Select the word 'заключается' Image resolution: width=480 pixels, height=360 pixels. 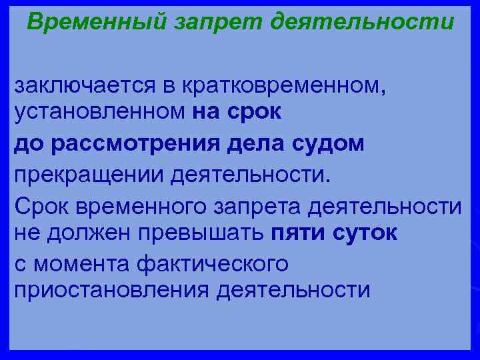click(80, 86)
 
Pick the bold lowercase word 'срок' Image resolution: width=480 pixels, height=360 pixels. click(255, 112)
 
